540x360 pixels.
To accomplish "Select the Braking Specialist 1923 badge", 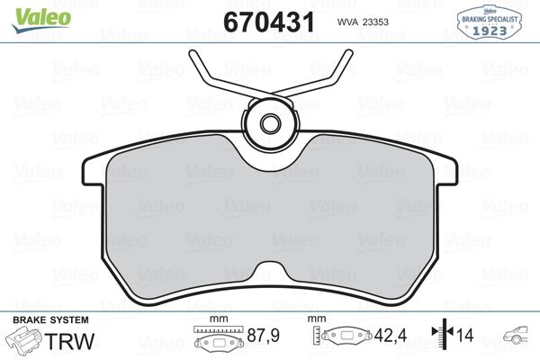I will (490, 20).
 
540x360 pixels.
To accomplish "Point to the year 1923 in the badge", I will (490, 29).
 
